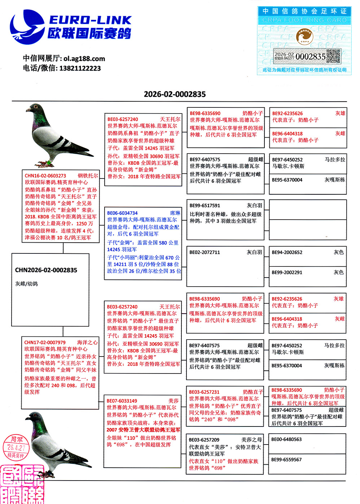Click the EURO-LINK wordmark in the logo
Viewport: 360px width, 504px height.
90,20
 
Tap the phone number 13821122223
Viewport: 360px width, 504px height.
80,68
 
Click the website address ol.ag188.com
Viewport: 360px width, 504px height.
84,58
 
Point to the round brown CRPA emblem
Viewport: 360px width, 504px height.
305,37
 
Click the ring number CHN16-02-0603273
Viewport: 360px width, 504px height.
45,176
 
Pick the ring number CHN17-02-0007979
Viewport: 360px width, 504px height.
45,342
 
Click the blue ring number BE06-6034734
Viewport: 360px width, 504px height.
122,213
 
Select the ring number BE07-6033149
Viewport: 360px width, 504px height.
122,401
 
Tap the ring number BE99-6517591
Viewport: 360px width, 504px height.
205,205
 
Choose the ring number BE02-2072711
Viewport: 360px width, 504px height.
205,252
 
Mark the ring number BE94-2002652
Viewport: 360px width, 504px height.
287,252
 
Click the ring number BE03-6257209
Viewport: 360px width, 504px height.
204,440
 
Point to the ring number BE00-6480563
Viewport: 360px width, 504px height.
286,439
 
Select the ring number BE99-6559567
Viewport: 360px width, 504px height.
286,460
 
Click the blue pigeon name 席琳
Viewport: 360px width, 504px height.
175,213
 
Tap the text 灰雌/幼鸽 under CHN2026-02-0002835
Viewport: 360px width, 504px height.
26,284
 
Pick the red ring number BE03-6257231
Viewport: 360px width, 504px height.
204,392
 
